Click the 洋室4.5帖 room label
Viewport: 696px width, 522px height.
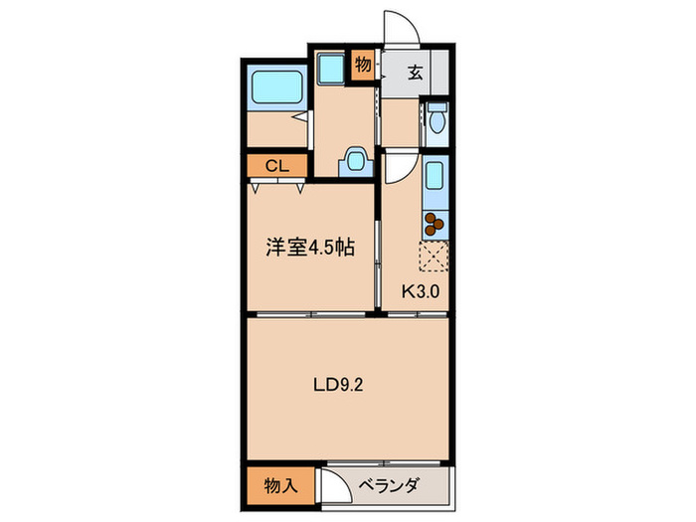click(x=309, y=250)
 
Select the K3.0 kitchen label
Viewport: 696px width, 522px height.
click(x=420, y=292)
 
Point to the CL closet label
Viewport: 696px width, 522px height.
click(x=276, y=166)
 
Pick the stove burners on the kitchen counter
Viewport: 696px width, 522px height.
click(x=435, y=226)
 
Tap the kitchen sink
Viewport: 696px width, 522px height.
click(x=435, y=181)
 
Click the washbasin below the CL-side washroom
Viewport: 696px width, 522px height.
click(x=355, y=162)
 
